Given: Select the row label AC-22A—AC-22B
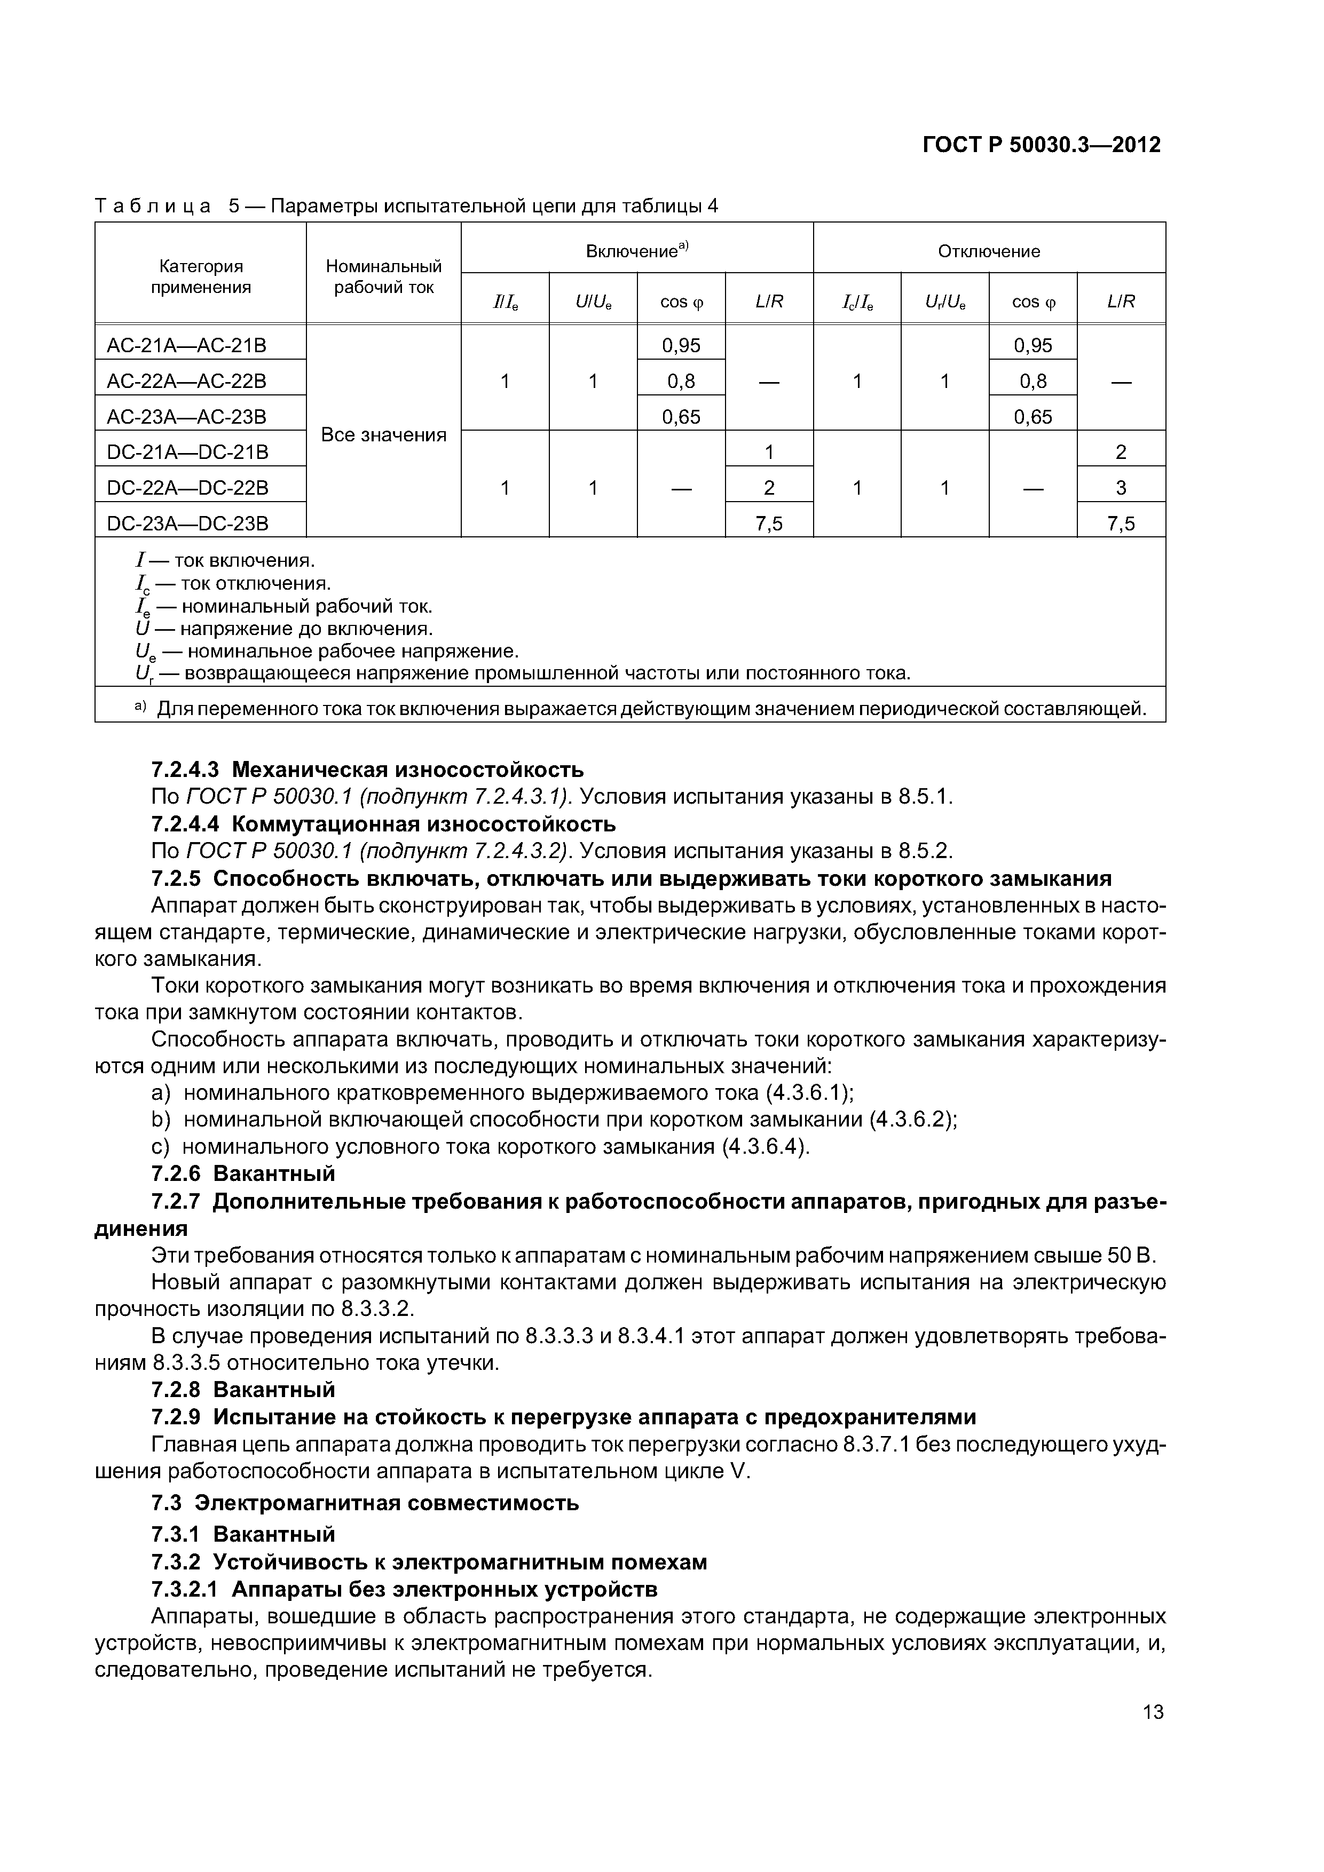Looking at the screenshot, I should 187,382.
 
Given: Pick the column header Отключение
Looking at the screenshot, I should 989,251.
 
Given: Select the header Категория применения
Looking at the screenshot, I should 201,276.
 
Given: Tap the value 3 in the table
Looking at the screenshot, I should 1121,488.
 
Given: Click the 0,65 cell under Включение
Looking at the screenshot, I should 681,417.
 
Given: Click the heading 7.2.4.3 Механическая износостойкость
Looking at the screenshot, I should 368,769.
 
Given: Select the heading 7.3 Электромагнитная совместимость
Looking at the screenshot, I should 366,1503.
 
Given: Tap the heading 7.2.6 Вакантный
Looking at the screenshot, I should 243,1174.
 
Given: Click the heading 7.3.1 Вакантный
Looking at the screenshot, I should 243,1534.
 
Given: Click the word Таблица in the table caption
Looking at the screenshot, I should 153,207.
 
